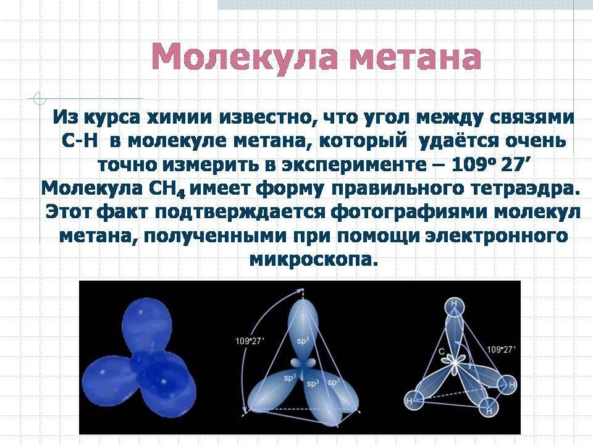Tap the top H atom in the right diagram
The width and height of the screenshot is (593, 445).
tap(454, 306)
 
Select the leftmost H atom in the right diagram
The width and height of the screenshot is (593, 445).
tap(413, 400)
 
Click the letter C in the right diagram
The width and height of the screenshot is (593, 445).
tap(441, 352)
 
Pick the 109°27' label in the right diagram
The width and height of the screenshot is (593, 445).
tap(501, 349)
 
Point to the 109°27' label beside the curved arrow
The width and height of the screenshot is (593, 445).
tap(250, 341)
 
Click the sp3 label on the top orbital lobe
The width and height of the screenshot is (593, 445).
tap(303, 341)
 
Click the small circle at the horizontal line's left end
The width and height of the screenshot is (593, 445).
tap(39, 98)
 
